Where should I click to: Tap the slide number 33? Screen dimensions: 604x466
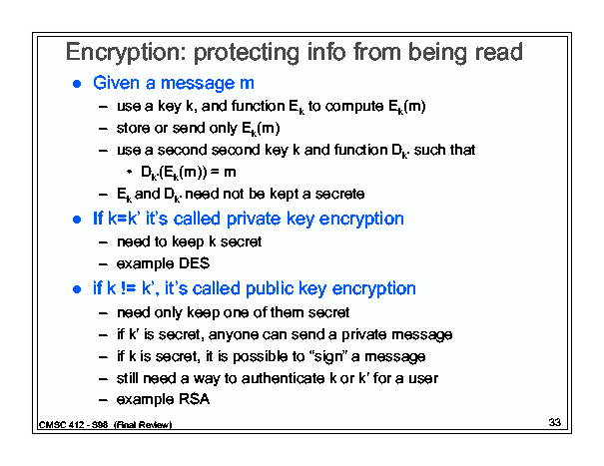tap(555, 422)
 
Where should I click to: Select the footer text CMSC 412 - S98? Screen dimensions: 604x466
tap(73, 425)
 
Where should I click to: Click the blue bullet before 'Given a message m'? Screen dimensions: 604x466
tap(77, 84)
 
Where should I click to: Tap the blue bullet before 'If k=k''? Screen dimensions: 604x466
tap(77, 220)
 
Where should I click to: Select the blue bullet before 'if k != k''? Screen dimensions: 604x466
tap(77, 289)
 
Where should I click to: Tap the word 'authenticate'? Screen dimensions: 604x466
tap(283, 378)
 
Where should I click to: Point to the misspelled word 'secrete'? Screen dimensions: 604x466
tap(339, 194)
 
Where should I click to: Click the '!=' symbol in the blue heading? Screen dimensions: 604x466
tap(128, 288)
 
